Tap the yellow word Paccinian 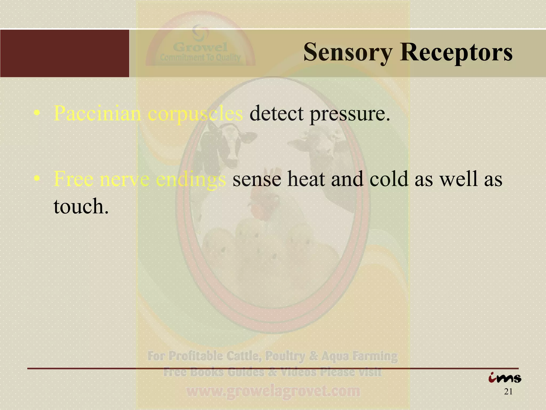coord(97,113)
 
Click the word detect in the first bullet coord(276,113)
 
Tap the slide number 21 coord(508,392)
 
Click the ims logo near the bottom coord(505,378)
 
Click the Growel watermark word coord(200,48)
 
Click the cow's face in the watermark coord(229,141)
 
